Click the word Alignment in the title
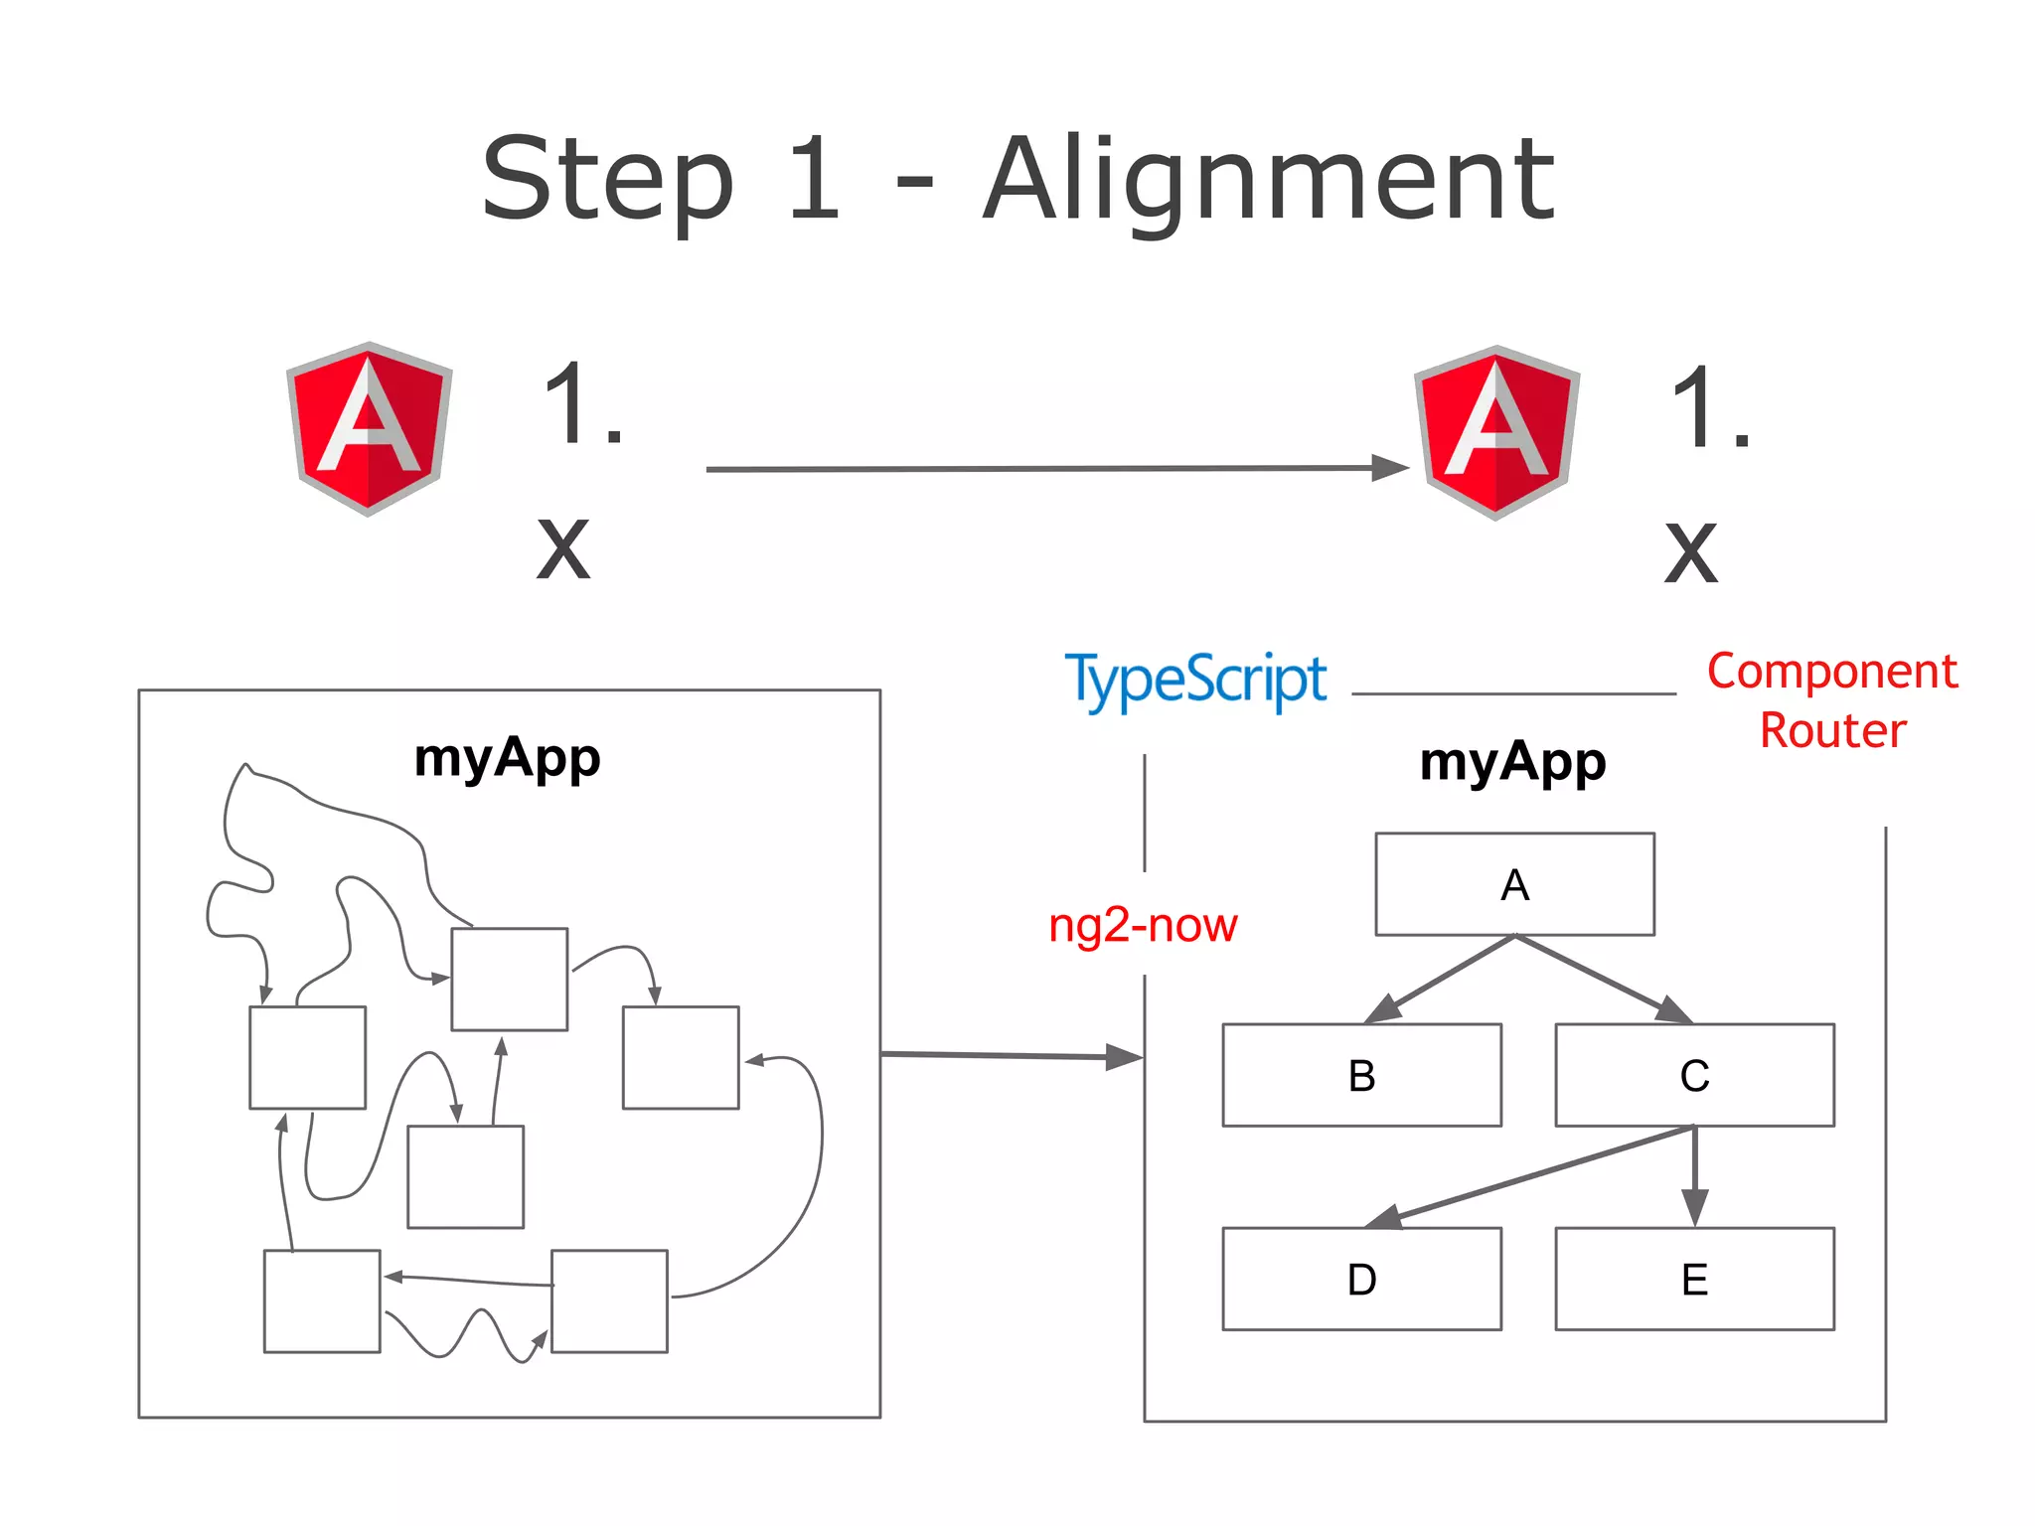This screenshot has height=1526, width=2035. [x=1268, y=181]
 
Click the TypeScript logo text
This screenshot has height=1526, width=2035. [x=1195, y=682]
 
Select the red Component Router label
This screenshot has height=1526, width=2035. [x=1832, y=700]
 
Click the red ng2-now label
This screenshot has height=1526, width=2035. [x=1143, y=925]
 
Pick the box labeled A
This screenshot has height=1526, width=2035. [x=1514, y=884]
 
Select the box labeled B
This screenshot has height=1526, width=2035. [x=1361, y=1075]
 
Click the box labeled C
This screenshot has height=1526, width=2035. [x=1694, y=1075]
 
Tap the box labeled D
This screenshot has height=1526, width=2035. [x=1361, y=1279]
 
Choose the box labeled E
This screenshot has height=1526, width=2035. [x=1694, y=1279]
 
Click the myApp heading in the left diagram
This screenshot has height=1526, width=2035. [x=507, y=759]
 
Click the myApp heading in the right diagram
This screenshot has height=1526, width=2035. [x=1512, y=763]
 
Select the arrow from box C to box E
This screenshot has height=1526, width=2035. [x=1694, y=1172]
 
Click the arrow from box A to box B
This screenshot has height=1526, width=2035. [x=1441, y=979]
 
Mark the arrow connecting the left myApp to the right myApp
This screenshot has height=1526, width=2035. [x=1004, y=1055]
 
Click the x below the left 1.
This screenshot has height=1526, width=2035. [x=563, y=548]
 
